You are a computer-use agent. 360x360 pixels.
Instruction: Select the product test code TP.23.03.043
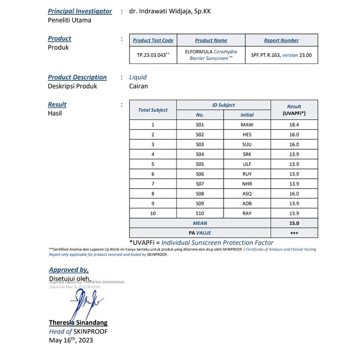point(153,55)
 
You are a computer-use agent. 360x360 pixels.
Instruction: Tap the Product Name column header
point(211,40)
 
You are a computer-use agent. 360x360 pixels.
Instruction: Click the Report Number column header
point(281,40)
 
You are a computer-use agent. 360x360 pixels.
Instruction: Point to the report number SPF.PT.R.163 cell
point(281,55)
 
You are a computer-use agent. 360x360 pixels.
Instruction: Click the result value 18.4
point(294,125)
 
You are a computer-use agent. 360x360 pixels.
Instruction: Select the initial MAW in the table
point(247,125)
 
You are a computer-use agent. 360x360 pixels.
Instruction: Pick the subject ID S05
point(200,164)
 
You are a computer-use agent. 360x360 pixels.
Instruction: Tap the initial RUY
point(247,174)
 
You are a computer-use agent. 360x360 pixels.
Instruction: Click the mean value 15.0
point(294,223)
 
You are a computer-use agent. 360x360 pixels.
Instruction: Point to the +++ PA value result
point(294,233)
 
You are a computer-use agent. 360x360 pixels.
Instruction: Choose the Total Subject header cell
point(153,110)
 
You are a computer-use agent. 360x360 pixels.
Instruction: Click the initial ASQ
point(247,194)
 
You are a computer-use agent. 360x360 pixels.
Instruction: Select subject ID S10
point(200,213)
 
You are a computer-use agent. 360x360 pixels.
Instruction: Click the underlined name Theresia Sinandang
point(78,322)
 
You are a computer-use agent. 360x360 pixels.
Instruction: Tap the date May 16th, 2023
point(70,340)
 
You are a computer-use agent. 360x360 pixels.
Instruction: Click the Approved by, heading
point(68,270)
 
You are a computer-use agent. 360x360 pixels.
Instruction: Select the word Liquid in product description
point(138,77)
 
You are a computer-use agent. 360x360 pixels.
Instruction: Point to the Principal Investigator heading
point(80,11)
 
